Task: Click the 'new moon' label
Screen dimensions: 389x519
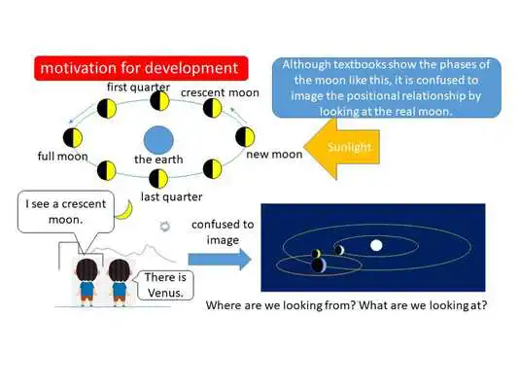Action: click(x=275, y=154)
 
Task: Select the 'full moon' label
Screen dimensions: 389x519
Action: click(x=61, y=157)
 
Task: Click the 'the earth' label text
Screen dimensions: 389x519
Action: click(x=159, y=159)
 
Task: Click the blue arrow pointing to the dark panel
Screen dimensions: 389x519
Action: click(x=219, y=258)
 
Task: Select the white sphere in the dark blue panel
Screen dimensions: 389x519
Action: click(x=376, y=245)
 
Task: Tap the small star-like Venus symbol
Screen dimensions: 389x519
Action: click(x=166, y=226)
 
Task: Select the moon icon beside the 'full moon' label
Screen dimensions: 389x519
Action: click(x=71, y=136)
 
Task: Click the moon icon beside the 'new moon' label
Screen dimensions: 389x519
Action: click(x=245, y=136)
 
